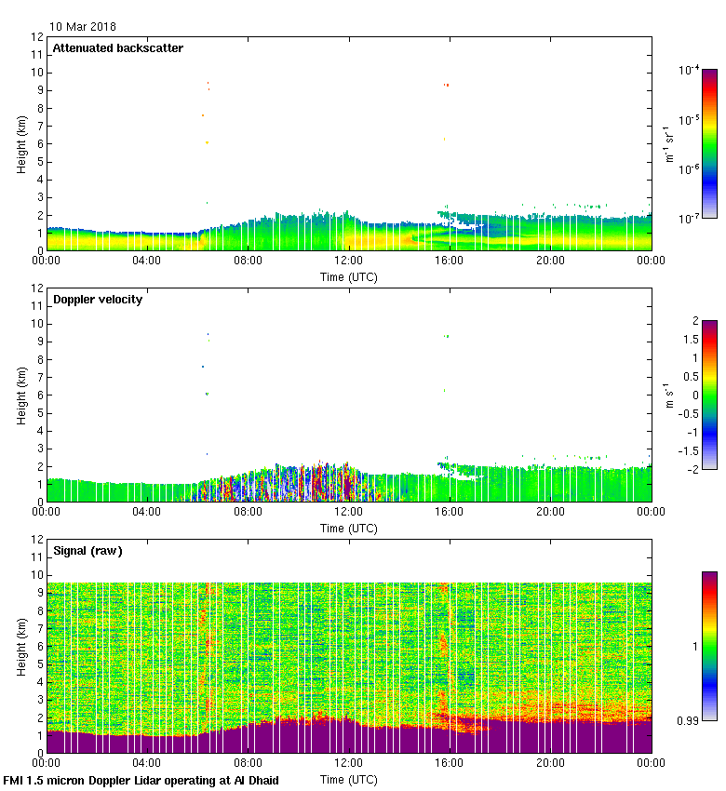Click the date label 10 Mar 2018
coord(83,27)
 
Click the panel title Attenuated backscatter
coord(117,48)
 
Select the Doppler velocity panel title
coord(97,300)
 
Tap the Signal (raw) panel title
coord(87,551)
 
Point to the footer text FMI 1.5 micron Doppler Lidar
coord(141,780)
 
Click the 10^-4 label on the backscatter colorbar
coord(690,70)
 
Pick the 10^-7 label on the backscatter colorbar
coord(690,218)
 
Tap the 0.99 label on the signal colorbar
coord(689,720)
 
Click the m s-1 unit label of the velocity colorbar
coord(668,395)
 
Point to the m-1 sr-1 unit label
coord(668,144)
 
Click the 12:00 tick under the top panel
coord(349,261)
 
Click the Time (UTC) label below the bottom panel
coord(349,778)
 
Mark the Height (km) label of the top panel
coord(21,143)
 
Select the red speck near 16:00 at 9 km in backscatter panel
coord(447,86)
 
